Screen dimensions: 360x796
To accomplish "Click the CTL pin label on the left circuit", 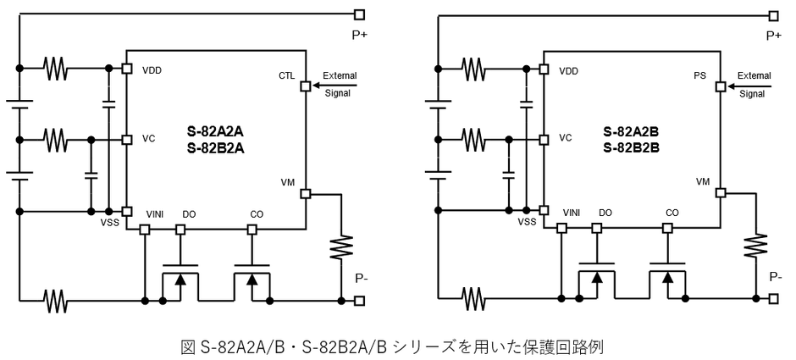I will coord(286,75).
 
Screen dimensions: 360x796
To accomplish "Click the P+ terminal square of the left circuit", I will coord(360,14).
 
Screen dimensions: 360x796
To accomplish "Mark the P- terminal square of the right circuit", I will coord(774,299).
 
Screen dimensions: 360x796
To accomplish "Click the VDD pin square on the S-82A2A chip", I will coord(126,69).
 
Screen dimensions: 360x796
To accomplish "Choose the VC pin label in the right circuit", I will coord(564,137).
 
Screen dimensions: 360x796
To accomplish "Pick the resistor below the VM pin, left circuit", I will coord(343,247).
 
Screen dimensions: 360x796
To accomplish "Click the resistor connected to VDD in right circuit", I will coord(473,69).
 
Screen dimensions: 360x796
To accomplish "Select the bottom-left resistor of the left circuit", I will coord(55,300).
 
